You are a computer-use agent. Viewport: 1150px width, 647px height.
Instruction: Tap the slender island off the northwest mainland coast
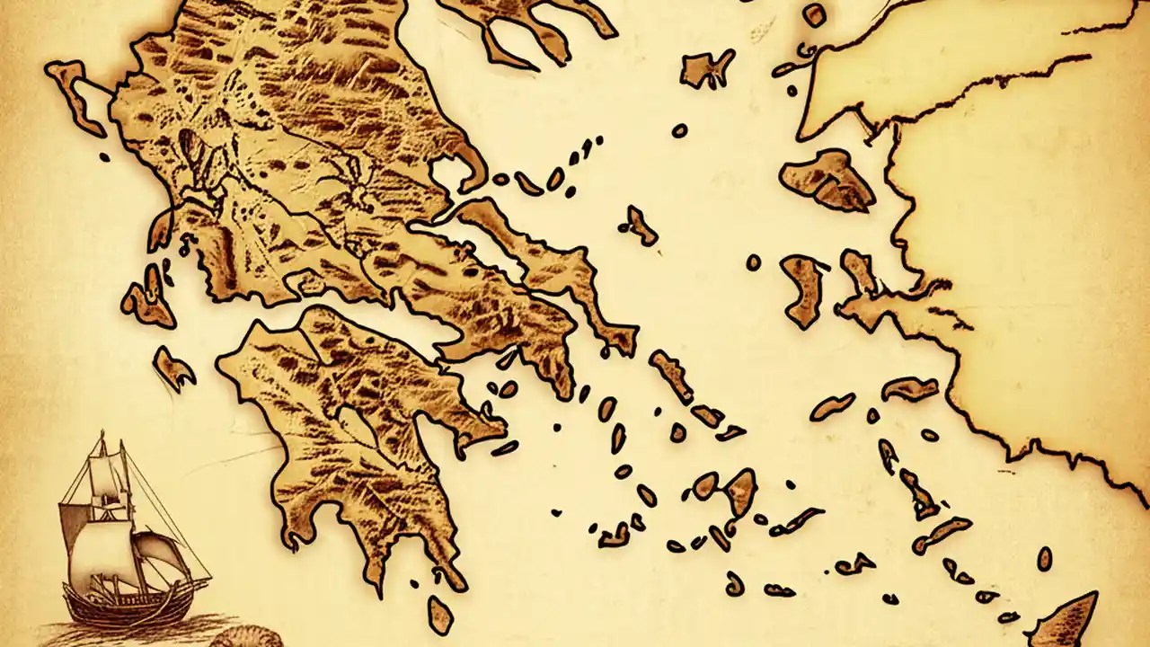pyautogui.click(x=76, y=94)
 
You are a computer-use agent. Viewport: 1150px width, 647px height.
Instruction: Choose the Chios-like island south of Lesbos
pyautogui.click(x=802, y=288)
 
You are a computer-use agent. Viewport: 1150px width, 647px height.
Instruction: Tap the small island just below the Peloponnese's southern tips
pyautogui.click(x=440, y=615)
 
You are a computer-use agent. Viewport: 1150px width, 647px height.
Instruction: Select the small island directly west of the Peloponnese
pyautogui.click(x=173, y=368)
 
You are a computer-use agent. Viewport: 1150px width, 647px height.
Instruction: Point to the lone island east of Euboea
pyautogui.click(x=641, y=225)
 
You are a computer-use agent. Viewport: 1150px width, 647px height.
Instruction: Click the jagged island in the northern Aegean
pyautogui.click(x=705, y=67)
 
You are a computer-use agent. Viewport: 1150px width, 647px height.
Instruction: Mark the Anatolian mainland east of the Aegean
pyautogui.click(x=1033, y=270)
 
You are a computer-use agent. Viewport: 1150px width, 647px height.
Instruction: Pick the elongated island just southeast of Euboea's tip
pyautogui.click(x=671, y=374)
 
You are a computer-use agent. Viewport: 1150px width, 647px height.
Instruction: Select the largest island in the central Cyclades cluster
pyautogui.click(x=740, y=490)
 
